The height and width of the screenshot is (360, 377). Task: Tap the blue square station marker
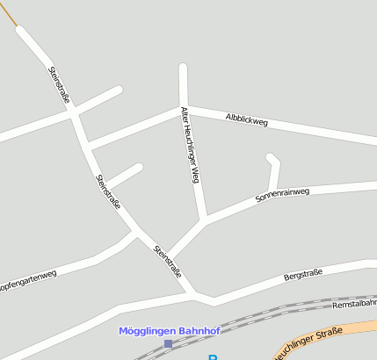click(168, 343)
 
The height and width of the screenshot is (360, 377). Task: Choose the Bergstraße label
click(304, 275)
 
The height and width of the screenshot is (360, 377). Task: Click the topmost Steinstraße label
click(59, 84)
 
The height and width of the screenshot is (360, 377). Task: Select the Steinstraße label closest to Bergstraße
click(167, 261)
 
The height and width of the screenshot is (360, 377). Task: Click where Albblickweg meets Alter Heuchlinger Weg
click(185, 109)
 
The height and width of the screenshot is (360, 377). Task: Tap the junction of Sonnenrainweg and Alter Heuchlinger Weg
click(206, 220)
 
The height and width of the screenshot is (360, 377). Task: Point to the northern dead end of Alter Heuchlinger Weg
click(184, 68)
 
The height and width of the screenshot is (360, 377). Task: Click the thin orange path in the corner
click(8, 14)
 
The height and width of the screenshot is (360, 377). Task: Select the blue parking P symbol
click(212, 356)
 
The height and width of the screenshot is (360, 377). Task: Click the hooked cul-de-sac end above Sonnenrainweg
click(271, 158)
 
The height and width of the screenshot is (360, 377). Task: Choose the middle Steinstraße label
click(108, 191)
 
